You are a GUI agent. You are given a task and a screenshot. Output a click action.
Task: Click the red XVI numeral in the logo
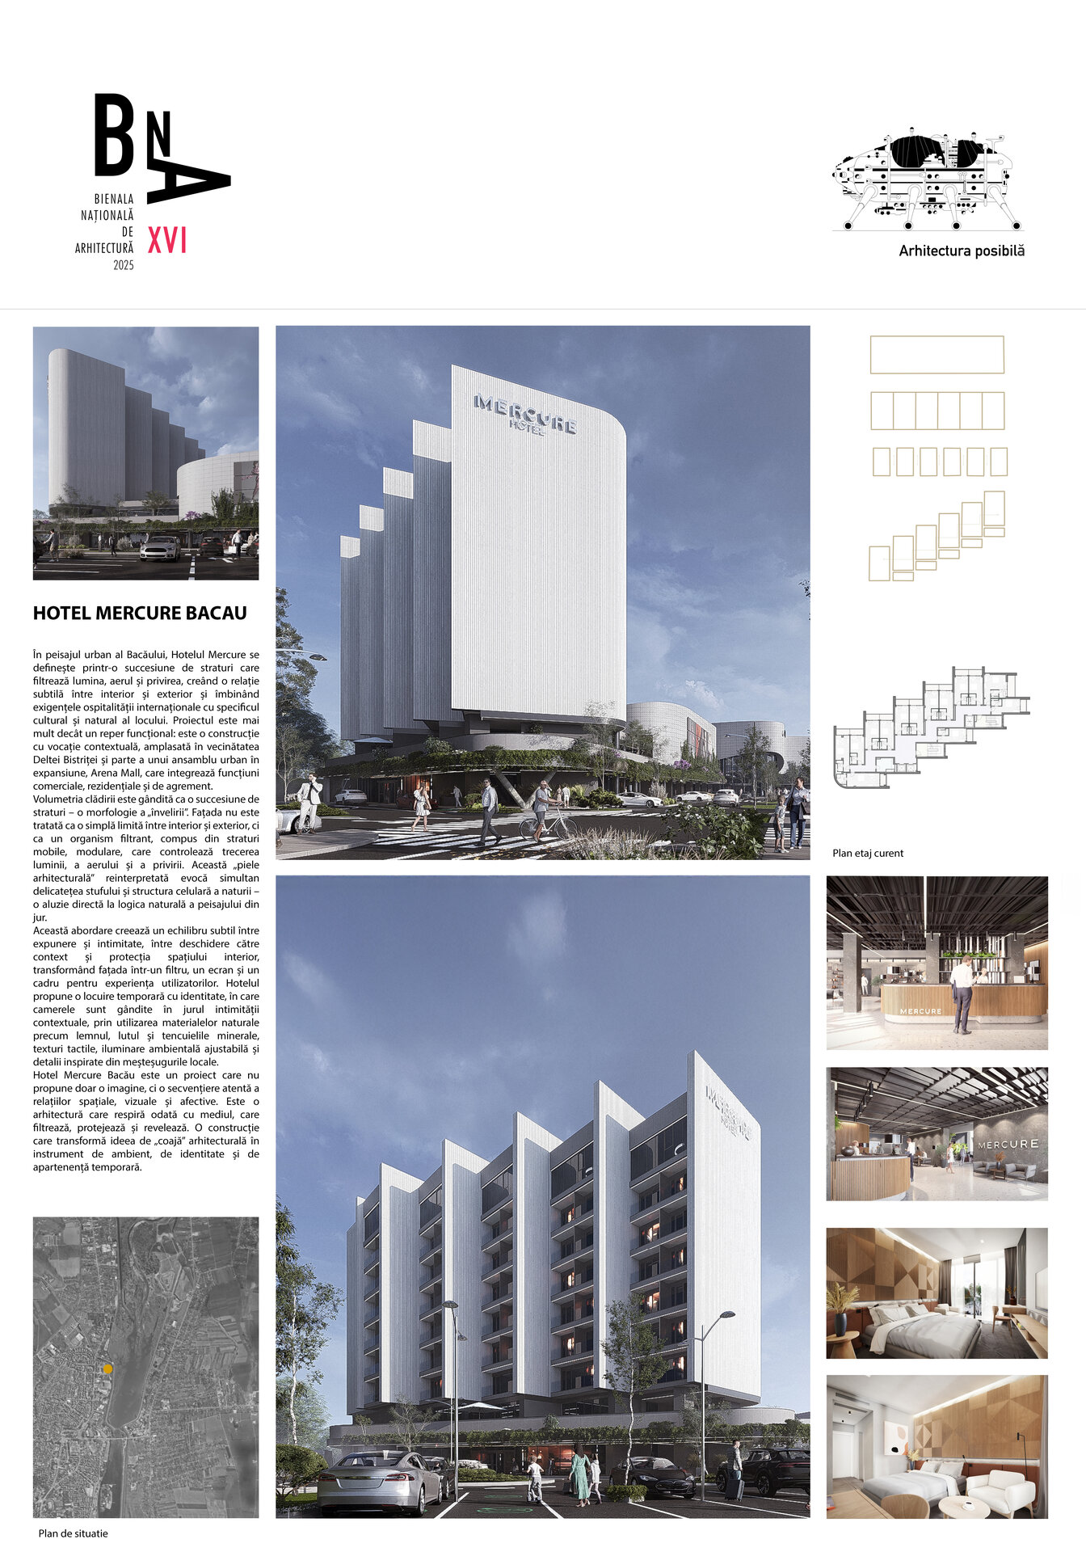(x=167, y=240)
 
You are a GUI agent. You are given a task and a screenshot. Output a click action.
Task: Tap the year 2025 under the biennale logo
(x=124, y=265)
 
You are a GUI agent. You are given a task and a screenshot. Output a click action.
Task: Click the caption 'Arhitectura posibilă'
(x=962, y=251)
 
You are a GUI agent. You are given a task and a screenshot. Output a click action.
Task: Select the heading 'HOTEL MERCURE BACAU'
(x=140, y=613)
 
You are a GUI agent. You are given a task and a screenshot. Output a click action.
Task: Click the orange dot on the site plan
(x=107, y=1369)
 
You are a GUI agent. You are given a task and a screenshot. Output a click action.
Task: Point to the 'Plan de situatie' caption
(x=73, y=1533)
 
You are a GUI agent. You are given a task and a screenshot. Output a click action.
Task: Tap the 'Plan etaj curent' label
(x=868, y=853)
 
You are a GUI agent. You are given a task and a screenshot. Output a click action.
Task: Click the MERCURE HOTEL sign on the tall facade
(x=525, y=413)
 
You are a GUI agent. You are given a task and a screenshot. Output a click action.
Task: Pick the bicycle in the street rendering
(x=547, y=825)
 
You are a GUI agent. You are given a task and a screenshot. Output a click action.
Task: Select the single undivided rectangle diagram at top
(x=937, y=355)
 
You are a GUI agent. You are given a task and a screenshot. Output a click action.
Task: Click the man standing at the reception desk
(x=962, y=993)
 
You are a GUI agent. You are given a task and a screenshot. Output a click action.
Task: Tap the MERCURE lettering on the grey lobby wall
(x=1008, y=1144)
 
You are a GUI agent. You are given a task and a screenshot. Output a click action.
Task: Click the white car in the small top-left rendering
(x=160, y=548)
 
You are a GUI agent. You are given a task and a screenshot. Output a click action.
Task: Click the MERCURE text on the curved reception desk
(x=920, y=1011)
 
